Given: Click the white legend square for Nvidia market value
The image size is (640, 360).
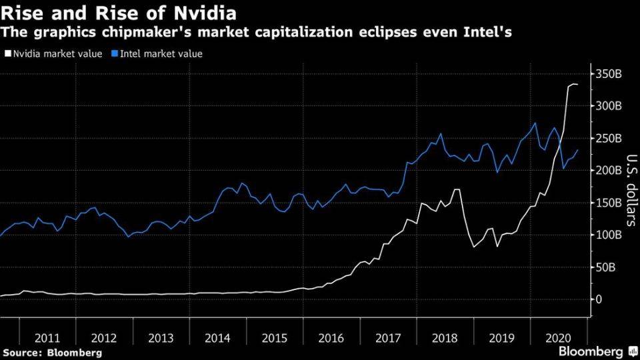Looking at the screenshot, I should [7, 54].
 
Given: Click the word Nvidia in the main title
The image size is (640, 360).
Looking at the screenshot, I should [204, 13].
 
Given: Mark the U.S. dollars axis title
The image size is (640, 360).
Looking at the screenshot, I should [631, 190].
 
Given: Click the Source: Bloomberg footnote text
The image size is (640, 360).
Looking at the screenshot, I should [52, 352].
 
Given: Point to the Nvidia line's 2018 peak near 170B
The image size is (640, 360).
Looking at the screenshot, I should [457, 189].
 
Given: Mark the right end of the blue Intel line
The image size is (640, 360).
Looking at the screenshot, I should [577, 150].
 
